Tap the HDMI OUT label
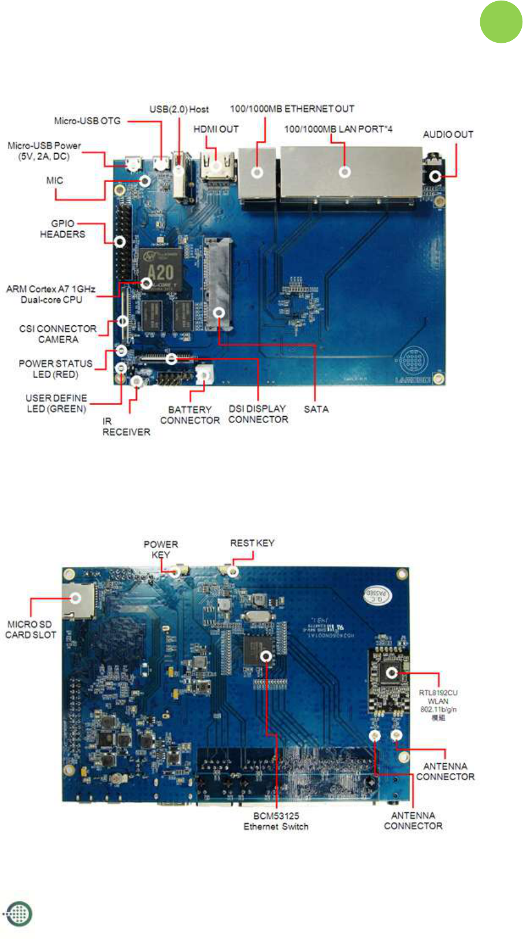tap(216, 129)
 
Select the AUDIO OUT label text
tap(448, 134)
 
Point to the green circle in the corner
tap(500, 22)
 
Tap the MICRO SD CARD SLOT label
tap(31, 629)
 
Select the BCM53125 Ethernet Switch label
tap(276, 821)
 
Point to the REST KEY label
tap(252, 543)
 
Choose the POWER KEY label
tap(161, 549)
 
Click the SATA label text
tap(316, 409)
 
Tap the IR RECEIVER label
tap(126, 426)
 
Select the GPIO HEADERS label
tap(62, 229)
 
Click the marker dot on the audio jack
tap(435, 177)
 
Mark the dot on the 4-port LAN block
tap(345, 172)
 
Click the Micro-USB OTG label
tap(87, 121)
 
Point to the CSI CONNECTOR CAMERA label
tap(58, 334)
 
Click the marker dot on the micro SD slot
tap(76, 598)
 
